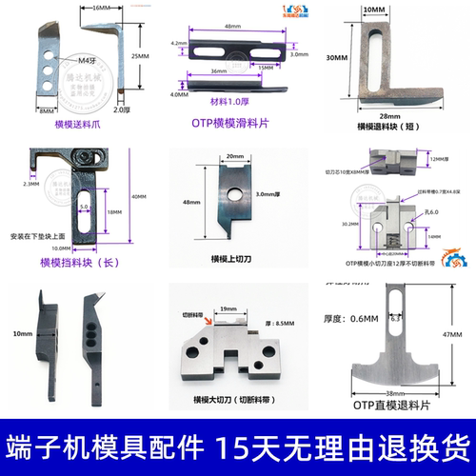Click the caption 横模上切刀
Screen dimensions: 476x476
(234, 257)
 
